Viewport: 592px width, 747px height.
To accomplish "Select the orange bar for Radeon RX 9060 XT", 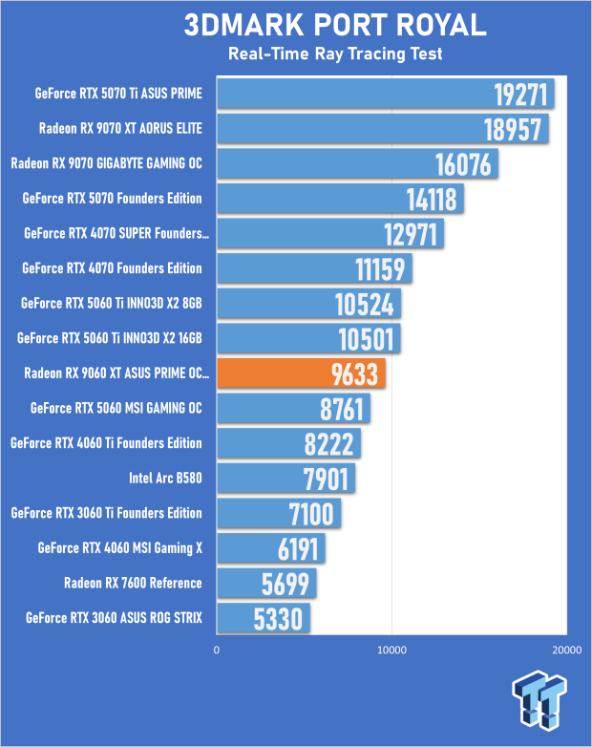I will (x=301, y=373).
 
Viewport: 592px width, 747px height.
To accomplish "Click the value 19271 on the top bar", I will (x=521, y=95).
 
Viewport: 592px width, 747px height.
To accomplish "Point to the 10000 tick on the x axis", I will (x=391, y=650).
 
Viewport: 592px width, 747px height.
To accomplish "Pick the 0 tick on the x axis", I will (x=217, y=650).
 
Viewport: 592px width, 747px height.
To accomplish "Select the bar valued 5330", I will (x=263, y=618).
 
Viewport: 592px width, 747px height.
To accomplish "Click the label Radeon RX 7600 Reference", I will (x=133, y=583).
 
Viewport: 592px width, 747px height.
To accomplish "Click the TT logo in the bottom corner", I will (x=540, y=699).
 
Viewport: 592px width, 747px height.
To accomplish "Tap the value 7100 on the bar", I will (x=310, y=514).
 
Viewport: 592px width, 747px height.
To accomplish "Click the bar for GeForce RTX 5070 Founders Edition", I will (x=340, y=199).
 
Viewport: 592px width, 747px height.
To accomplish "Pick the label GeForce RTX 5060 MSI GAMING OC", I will (x=116, y=408).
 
